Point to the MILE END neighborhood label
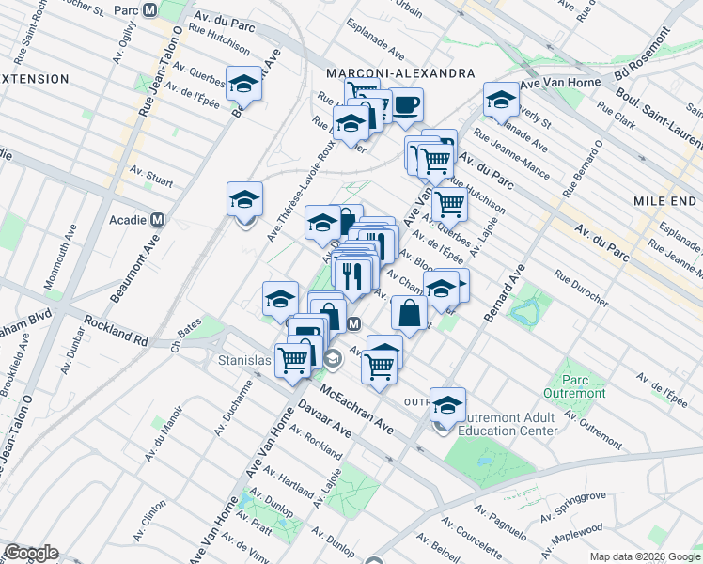click(664, 202)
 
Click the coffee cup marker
click(406, 104)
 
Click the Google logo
click(30, 553)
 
